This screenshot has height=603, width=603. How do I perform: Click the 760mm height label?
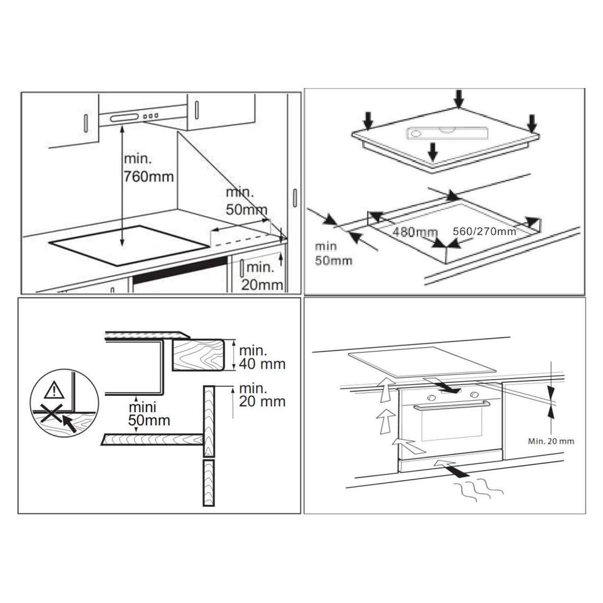coord(148,176)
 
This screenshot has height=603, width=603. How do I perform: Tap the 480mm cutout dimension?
coord(414,232)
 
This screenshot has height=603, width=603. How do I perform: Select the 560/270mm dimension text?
coord(484,232)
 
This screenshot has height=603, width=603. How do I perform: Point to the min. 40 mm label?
coord(262,357)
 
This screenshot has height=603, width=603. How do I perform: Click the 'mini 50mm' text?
coord(149,414)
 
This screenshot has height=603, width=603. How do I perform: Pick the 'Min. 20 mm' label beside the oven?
coord(551,441)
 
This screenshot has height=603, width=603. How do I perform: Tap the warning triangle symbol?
coord(54,390)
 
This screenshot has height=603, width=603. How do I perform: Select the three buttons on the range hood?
coord(151,116)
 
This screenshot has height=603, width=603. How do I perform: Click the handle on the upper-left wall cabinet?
coord(86,123)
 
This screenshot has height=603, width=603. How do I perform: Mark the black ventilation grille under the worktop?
coord(180,271)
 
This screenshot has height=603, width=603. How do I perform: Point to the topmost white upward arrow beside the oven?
coord(386,390)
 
